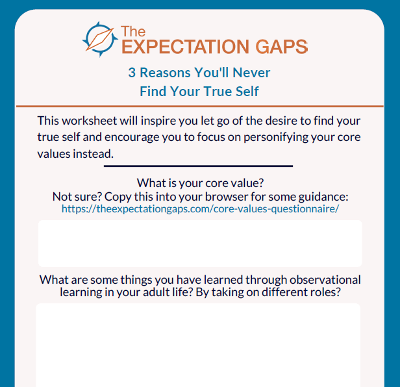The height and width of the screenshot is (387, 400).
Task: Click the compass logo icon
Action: (x=100, y=39)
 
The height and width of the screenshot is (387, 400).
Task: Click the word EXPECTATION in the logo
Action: (x=186, y=47)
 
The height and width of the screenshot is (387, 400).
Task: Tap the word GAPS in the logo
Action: (x=282, y=47)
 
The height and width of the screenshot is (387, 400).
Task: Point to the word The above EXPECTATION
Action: (x=133, y=32)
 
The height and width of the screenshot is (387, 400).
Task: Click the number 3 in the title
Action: (x=132, y=73)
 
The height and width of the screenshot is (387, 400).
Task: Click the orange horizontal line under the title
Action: (x=200, y=106)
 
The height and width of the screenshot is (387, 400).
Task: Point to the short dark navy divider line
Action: (x=198, y=166)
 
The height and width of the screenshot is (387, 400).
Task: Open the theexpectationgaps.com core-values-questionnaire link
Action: (x=200, y=209)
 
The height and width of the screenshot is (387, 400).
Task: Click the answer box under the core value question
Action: (x=200, y=243)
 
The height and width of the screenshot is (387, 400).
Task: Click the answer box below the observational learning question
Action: (x=198, y=345)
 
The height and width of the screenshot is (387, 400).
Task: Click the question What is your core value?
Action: (x=200, y=183)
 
